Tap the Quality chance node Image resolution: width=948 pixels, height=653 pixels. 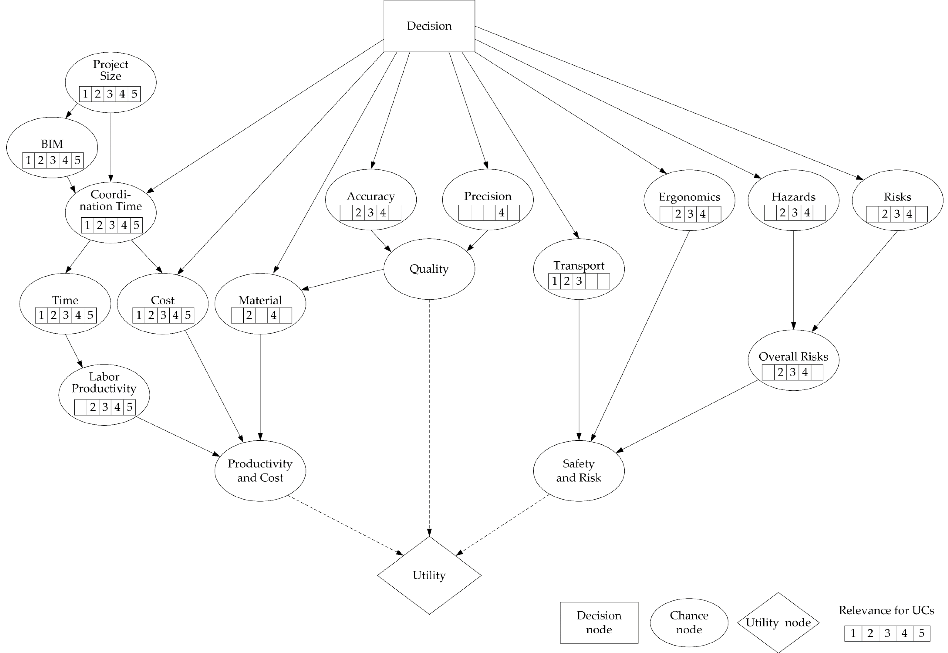pos(429,269)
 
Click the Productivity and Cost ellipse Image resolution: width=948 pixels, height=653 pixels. pos(260,470)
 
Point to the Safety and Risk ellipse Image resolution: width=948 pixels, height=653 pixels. pos(579,470)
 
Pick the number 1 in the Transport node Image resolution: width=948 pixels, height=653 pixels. pos(555,281)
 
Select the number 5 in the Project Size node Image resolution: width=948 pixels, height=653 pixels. pos(134,94)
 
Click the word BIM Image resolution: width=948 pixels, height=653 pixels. pos(52,144)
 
